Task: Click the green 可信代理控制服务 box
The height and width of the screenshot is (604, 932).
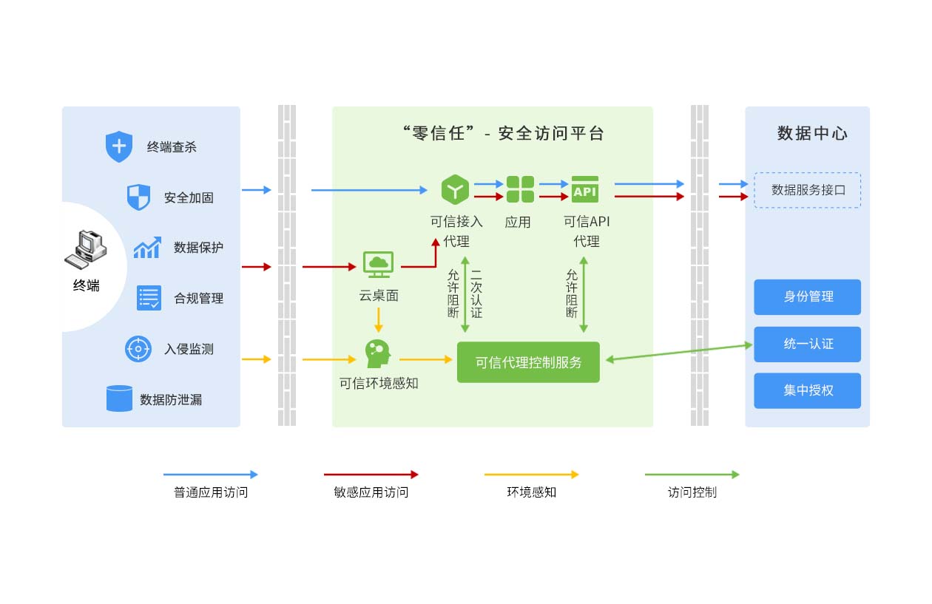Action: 528,362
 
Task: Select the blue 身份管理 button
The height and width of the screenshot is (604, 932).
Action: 807,297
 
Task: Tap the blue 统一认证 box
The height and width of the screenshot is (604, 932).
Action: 807,344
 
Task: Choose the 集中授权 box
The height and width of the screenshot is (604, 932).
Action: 807,390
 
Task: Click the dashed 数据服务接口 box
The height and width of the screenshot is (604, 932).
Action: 807,190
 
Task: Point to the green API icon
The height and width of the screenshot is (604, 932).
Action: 584,189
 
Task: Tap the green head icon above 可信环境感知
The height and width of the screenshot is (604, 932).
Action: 377,353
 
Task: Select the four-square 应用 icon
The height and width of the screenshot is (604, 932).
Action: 520,189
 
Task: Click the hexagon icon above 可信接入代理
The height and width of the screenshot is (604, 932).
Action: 456,189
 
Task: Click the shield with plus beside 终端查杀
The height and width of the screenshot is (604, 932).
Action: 118,146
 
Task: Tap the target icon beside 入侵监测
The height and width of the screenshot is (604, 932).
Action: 138,349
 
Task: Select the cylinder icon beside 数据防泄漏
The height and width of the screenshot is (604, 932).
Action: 119,398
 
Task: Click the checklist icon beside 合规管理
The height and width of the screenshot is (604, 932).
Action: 149,298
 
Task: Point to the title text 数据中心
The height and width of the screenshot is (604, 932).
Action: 811,134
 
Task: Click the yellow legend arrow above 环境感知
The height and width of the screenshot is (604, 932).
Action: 531,475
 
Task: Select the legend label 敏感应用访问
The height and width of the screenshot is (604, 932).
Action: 371,492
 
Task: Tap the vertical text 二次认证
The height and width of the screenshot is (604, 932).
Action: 476,292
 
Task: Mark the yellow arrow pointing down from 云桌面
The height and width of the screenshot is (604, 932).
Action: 379,319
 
